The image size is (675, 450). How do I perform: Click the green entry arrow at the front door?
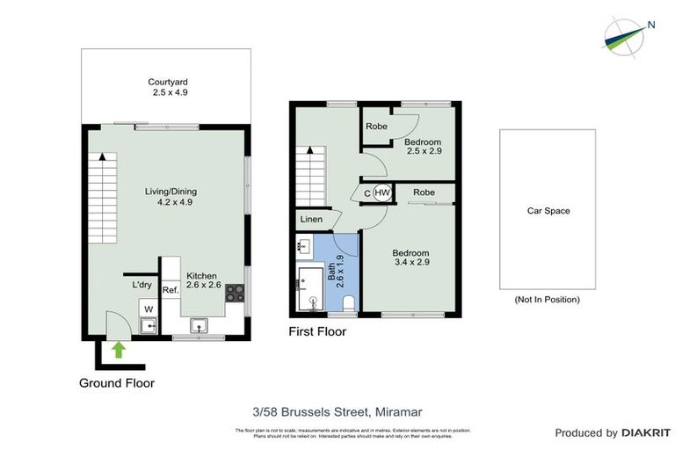coord(119,351)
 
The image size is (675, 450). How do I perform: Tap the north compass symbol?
coord(625,34)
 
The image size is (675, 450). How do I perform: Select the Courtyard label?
coord(168,87)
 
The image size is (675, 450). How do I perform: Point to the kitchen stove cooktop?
coord(235,294)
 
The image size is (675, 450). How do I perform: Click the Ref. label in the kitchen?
coord(171,290)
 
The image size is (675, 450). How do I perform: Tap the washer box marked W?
coord(149,308)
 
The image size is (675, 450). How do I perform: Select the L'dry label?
coord(142,285)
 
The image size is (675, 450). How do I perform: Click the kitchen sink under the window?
coord(200,327)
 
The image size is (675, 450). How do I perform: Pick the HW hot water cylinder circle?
coord(382,193)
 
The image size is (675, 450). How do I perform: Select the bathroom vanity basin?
coord(304,245)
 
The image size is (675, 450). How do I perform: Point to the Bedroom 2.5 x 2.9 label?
coord(423,146)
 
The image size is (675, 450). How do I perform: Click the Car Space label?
coord(548,211)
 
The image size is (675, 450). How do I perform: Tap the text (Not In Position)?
coord(548,300)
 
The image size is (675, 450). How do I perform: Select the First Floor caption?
coord(317,332)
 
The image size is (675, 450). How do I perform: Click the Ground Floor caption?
coord(117,383)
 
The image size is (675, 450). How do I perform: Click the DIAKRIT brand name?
coord(646,433)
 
